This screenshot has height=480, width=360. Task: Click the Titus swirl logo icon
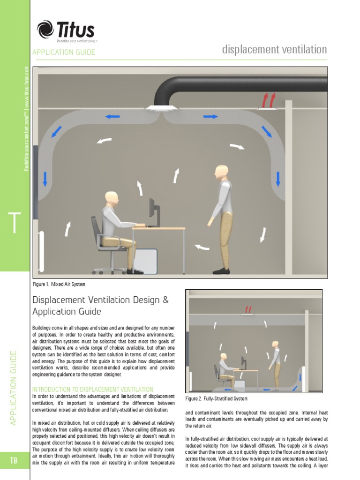45,30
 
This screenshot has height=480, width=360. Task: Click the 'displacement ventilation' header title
274,50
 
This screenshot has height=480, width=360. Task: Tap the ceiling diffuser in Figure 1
161,108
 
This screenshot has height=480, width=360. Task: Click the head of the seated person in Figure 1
112,198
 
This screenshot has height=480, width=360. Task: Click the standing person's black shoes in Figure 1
221,271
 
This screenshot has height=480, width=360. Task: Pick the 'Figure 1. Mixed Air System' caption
59,284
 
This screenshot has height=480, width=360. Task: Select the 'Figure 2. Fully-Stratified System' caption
216,399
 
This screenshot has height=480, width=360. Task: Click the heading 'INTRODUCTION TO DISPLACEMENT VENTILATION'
92,389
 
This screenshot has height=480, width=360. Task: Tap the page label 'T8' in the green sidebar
14,460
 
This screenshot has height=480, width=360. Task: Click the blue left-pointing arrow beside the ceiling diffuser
112,116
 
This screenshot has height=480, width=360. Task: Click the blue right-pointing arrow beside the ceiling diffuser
210,116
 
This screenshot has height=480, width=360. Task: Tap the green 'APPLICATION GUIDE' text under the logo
64,52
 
